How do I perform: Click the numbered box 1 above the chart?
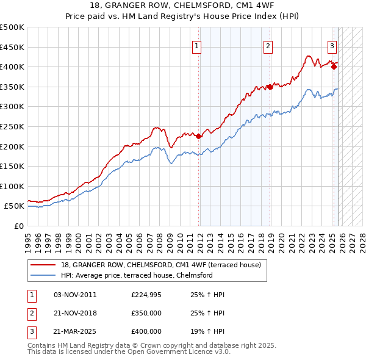pos(198,45)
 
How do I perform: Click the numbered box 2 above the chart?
pos(268,45)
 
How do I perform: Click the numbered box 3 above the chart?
pos(332,45)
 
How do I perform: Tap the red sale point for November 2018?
pos(270,87)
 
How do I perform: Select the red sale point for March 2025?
pos(334,67)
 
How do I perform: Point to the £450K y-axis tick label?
pos(12,47)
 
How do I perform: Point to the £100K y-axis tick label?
pos(12,186)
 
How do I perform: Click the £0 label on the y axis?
pos(18,226)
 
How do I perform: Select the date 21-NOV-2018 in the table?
pos(76,313)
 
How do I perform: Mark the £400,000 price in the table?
pos(146,331)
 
